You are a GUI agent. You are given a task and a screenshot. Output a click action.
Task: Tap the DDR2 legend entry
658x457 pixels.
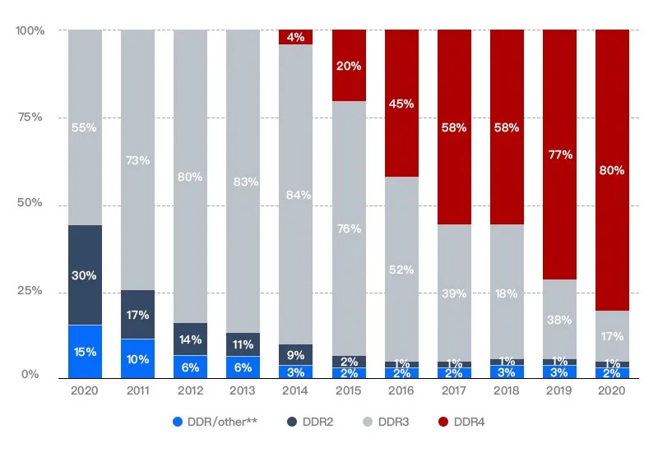point(312,422)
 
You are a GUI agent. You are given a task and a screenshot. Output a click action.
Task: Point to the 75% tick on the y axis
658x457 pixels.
point(31,117)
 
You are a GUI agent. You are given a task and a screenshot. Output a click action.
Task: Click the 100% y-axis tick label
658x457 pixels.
point(30,30)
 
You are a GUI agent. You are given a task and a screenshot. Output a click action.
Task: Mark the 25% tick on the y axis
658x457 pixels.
point(31,292)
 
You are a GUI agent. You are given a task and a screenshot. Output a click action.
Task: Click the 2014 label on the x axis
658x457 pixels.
point(295,391)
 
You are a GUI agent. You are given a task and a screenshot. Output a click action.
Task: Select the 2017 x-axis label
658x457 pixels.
point(454,391)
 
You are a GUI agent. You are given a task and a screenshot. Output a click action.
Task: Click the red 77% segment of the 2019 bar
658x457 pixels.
point(559,155)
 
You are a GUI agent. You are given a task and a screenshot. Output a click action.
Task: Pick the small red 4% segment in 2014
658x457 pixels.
point(295,37)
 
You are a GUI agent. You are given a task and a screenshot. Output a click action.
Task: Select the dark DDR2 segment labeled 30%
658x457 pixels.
point(85,275)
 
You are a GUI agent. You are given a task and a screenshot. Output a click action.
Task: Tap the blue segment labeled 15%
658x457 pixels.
point(85,352)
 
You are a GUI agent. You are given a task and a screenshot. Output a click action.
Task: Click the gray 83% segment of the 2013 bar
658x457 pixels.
point(243,181)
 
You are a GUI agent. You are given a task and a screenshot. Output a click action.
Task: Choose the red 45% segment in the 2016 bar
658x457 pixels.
point(401,104)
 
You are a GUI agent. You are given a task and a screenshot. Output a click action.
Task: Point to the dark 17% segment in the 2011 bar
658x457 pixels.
point(137,314)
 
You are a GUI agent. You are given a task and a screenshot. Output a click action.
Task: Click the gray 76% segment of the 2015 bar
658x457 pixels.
point(349,228)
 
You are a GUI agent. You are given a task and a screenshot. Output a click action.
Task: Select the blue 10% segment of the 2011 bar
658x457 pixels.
point(137,358)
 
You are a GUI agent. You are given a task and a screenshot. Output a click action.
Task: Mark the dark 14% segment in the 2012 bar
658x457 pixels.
point(190,339)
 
